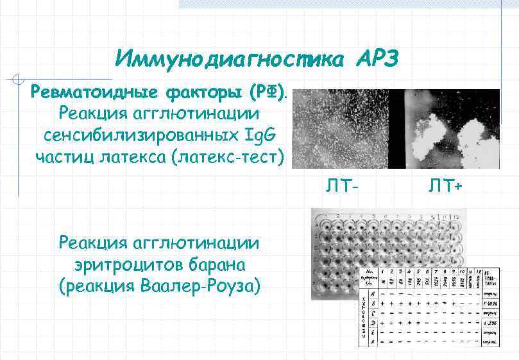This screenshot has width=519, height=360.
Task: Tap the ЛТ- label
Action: pyautogui.click(x=340, y=187)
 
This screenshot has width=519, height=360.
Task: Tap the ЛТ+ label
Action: pyautogui.click(x=445, y=187)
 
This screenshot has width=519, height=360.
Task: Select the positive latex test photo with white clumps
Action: pyautogui.click(x=453, y=129)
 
